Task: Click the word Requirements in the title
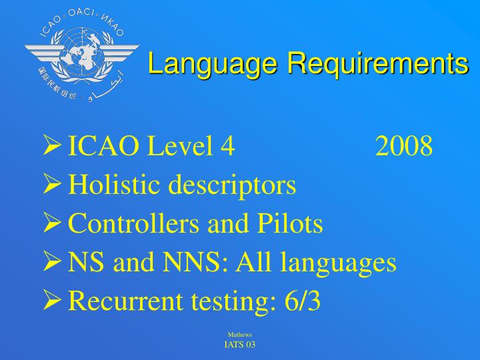tap(377, 64)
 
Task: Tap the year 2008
tap(404, 146)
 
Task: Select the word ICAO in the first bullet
tap(103, 146)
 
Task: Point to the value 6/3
tap(301, 301)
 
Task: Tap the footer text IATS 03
tap(240, 344)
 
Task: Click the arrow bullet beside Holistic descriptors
tap(53, 184)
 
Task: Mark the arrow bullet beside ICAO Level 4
tap(53, 145)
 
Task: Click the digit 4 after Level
tap(227, 146)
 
